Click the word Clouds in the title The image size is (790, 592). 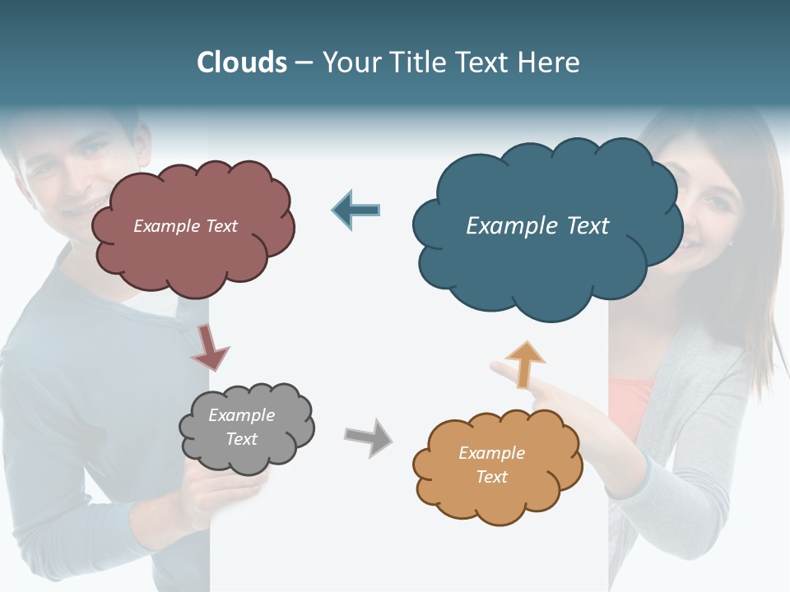[242, 62]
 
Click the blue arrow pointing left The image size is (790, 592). [355, 210]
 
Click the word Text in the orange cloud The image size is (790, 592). [491, 477]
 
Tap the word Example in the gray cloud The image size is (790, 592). [241, 415]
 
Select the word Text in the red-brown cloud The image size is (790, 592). [220, 226]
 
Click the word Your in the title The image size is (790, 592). [351, 62]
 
